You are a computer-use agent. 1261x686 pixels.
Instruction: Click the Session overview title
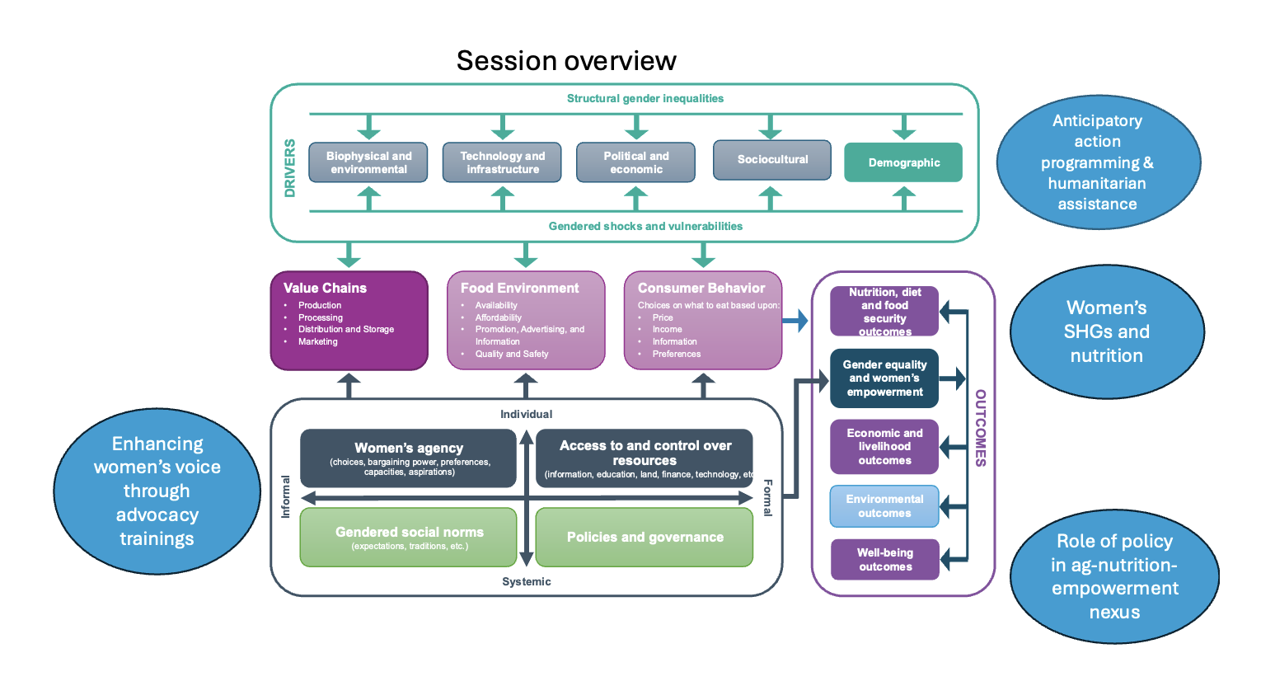(566, 61)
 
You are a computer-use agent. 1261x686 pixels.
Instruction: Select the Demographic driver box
(903, 162)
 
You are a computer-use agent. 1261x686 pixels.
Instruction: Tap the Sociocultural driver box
(772, 160)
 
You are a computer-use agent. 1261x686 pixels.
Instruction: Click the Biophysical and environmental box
(368, 162)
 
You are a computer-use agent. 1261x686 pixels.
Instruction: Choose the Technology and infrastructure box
(502, 162)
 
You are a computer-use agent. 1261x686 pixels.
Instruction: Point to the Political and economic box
(635, 162)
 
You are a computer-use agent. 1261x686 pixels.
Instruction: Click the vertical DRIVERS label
(290, 168)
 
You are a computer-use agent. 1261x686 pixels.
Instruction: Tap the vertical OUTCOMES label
(981, 428)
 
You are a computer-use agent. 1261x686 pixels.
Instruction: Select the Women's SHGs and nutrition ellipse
(1106, 331)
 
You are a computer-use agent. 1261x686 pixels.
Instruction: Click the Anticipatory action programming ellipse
(1097, 162)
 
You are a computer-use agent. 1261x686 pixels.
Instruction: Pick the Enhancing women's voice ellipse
(157, 491)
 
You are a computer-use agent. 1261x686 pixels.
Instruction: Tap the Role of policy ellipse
(1114, 576)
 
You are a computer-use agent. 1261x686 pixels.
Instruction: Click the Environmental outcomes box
(884, 506)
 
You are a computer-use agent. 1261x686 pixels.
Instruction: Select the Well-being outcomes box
(885, 560)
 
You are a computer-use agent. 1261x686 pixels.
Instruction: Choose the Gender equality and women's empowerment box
(884, 378)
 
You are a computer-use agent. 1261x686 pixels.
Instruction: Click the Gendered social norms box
(409, 538)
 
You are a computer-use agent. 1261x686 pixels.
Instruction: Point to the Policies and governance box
(645, 538)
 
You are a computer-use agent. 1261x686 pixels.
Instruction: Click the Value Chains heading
(325, 288)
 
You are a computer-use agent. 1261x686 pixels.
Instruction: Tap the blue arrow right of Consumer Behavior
(795, 321)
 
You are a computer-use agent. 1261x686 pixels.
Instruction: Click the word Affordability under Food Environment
(499, 317)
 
